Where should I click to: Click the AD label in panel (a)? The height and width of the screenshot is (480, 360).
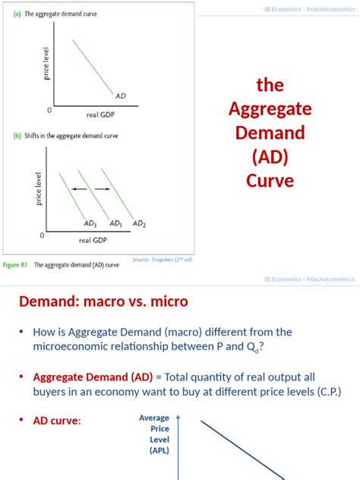click(121, 96)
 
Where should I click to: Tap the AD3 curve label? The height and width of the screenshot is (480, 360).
click(90, 223)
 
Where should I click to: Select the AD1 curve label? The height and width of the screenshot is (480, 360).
click(115, 223)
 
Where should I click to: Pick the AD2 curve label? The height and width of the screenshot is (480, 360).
click(139, 223)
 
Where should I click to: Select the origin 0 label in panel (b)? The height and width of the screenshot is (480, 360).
click(42, 235)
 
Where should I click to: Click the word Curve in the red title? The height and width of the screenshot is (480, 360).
click(270, 181)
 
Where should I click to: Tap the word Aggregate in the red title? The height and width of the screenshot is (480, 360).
click(270, 109)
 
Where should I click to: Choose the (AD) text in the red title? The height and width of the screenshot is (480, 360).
click(270, 157)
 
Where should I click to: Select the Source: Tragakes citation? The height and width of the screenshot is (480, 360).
click(162, 259)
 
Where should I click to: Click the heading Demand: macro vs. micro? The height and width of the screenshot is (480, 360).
click(103, 302)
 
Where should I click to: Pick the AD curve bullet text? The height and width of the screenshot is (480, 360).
click(56, 421)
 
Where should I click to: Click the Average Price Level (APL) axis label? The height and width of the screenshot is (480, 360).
click(154, 434)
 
